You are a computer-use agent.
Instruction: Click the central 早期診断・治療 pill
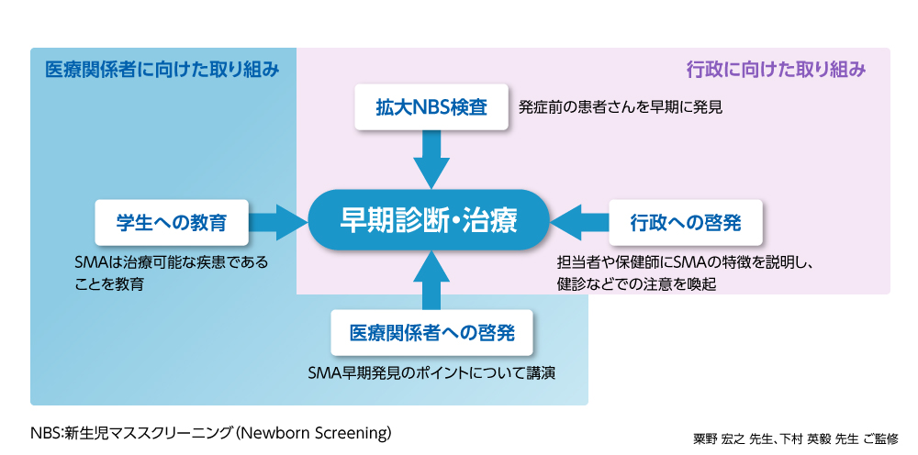point(429,221)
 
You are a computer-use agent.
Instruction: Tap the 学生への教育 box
point(172,221)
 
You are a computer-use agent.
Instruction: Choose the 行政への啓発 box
point(686,221)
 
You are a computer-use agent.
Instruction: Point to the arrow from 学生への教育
point(276,221)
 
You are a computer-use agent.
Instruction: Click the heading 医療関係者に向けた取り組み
point(162,70)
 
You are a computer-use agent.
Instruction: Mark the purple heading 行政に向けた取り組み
point(776,70)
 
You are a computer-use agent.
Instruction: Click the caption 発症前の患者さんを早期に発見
point(621,107)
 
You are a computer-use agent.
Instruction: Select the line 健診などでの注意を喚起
point(636,284)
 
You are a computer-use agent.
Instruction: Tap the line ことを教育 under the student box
point(109,284)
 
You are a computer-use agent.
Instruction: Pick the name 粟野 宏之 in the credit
point(719,438)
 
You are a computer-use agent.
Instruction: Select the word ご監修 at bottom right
point(882,438)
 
